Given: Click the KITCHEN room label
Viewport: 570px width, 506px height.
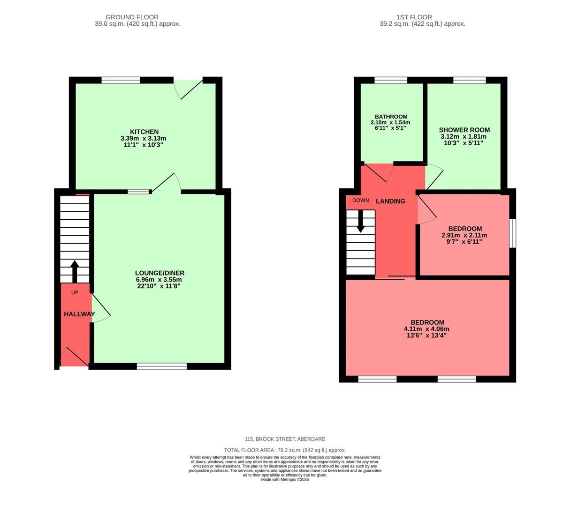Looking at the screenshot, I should tap(144, 132).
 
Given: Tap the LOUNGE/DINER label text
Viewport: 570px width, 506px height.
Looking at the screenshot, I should tap(160, 273).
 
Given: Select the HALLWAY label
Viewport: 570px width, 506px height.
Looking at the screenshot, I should tap(79, 314).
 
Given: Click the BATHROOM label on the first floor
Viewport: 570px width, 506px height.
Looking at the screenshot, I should tap(391, 117).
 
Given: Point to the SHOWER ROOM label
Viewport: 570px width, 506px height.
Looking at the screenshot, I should tap(464, 130).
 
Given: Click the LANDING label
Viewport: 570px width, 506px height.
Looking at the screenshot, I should tap(390, 201).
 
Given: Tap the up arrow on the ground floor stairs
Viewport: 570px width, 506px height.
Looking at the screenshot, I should tap(74, 271).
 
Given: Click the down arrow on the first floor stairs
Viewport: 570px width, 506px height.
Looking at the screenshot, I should tap(360, 222).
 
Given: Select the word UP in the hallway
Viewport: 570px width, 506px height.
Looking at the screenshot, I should tap(75, 292).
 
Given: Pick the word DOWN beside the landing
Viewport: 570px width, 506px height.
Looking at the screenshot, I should tap(360, 200).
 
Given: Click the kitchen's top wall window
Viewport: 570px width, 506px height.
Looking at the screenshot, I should tap(121, 80).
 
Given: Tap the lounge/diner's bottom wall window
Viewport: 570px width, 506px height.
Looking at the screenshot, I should tap(161, 366).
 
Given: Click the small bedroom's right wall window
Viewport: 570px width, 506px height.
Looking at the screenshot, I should tap(513, 233).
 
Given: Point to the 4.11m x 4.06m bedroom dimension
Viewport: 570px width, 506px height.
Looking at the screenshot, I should tap(426, 329).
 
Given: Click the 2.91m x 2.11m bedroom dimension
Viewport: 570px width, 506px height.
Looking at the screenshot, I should tap(464, 235).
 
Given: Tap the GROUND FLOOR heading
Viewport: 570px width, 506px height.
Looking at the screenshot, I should tap(132, 17).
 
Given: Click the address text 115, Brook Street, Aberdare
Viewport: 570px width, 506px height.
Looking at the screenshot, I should tap(285, 439).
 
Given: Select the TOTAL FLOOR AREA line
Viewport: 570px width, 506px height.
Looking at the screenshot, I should tap(285, 450).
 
